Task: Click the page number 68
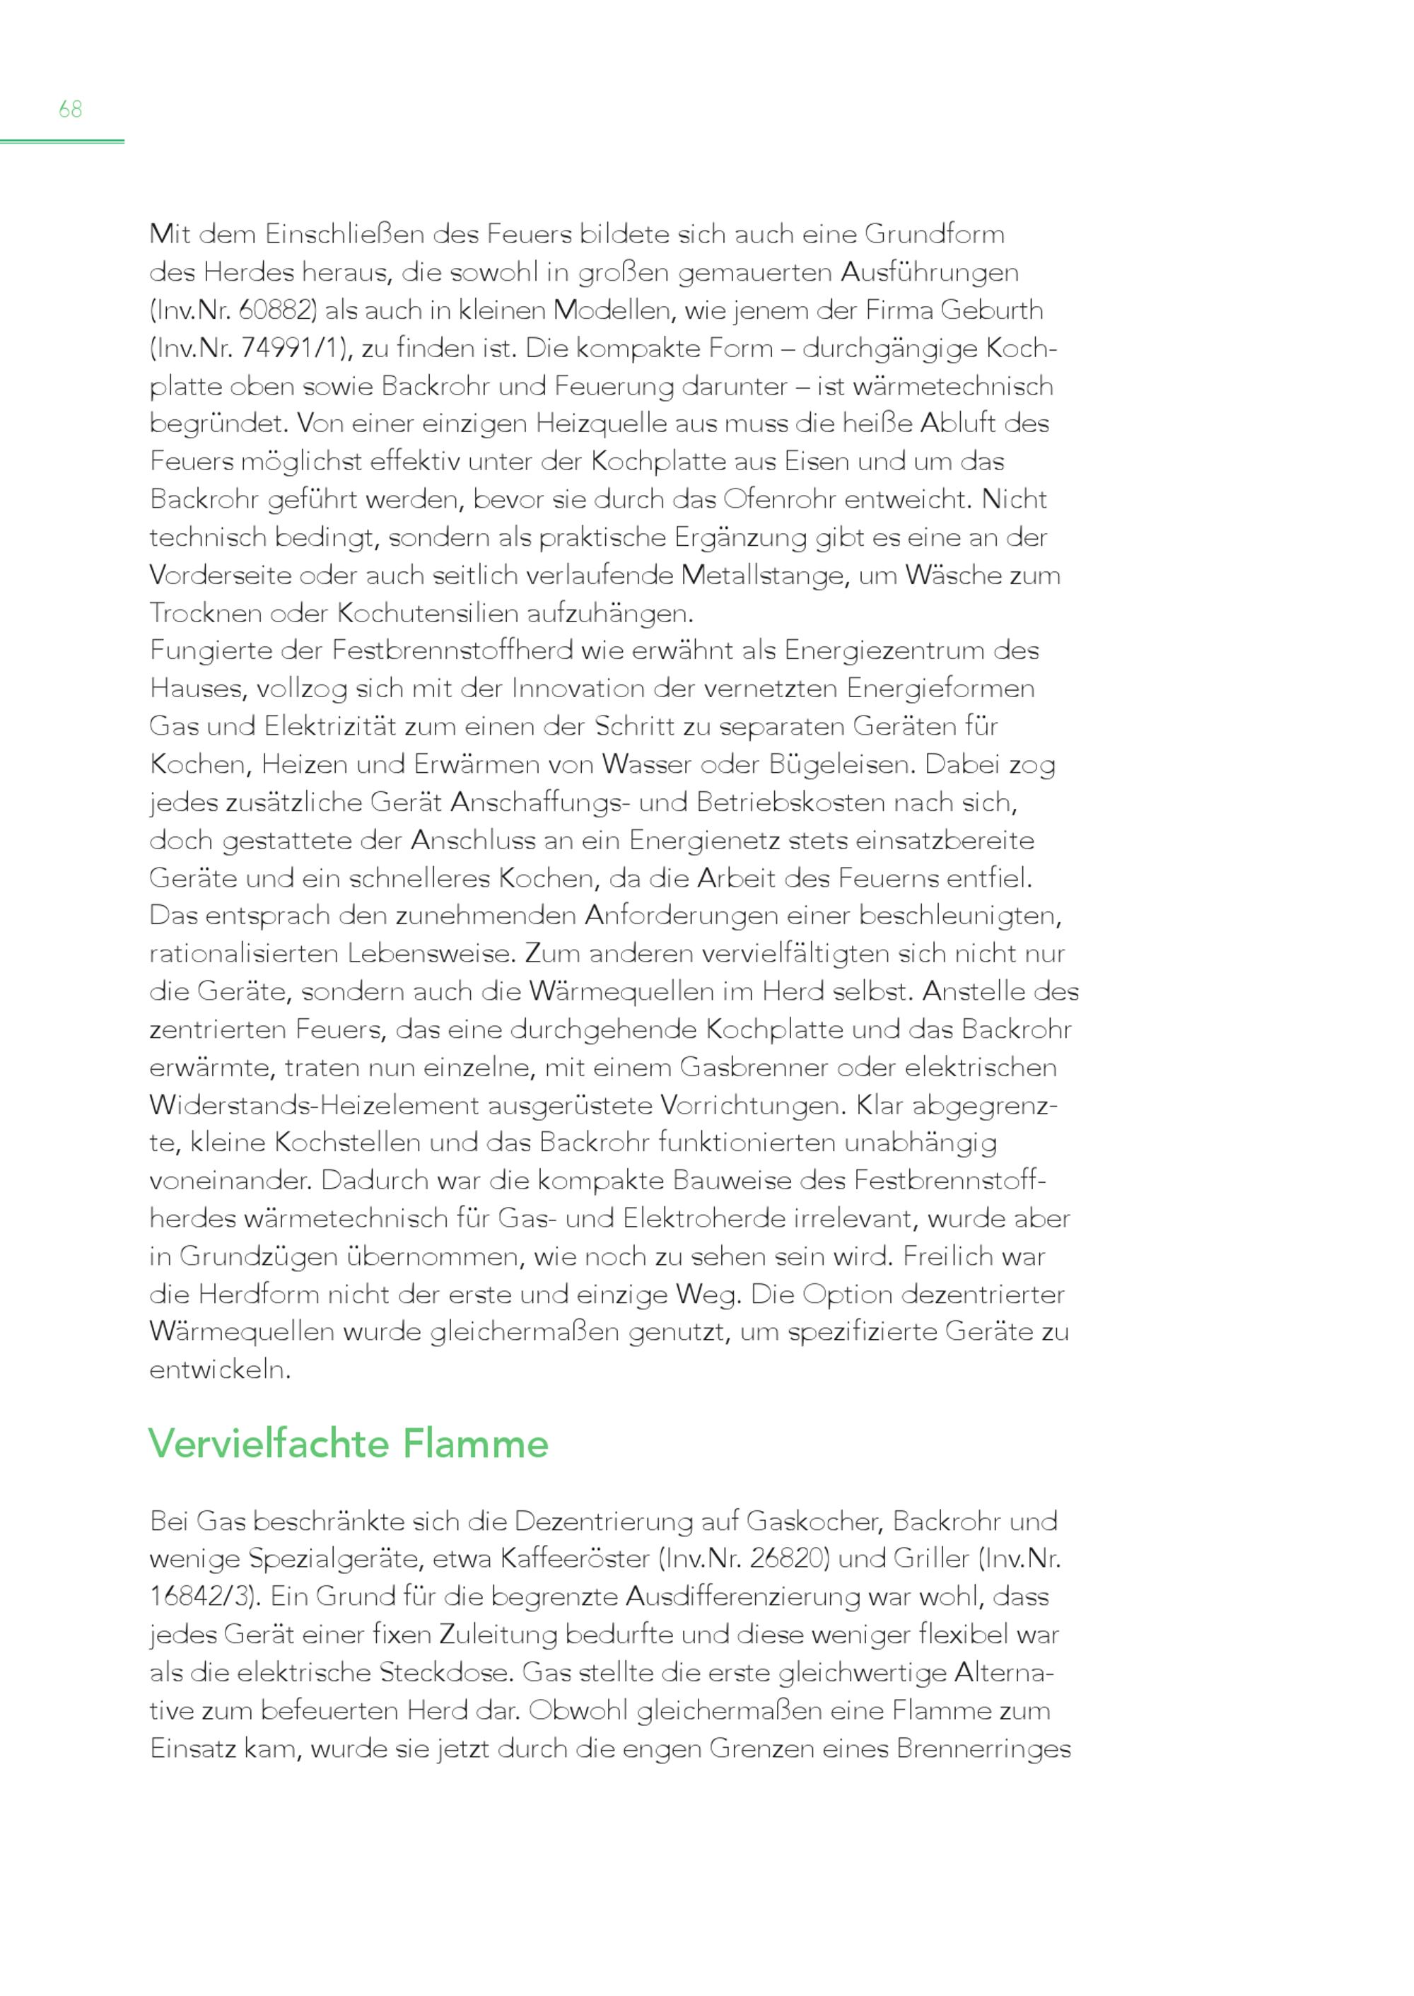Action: pos(71,110)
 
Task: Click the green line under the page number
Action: pos(62,140)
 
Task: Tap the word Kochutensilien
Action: pos(428,613)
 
